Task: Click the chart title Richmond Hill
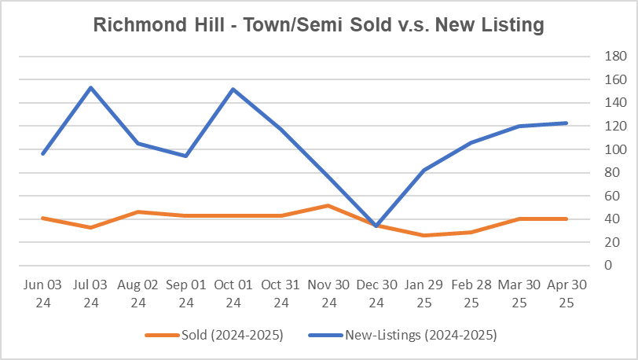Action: pos(318,25)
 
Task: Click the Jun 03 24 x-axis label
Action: pos(43,292)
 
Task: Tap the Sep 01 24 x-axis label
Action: pos(186,292)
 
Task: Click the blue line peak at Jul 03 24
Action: pos(91,87)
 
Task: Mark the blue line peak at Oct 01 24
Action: pos(233,89)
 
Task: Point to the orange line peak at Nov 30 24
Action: pos(328,205)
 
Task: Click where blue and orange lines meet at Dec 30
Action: pos(376,226)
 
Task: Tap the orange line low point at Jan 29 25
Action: pos(424,235)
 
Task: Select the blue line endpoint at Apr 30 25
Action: pos(566,123)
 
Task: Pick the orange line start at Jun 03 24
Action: pos(43,218)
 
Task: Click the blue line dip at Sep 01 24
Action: pos(186,156)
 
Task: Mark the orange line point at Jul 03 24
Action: pos(91,227)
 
